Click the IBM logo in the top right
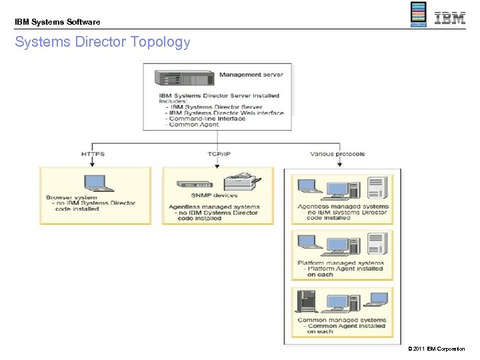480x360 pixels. pos(450,18)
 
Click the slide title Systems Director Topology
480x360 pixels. pos(103,43)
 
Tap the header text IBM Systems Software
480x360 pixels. pos(57,22)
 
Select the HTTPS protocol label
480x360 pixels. pos(93,154)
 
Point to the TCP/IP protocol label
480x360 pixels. pos(219,154)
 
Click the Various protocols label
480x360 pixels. pos(337,154)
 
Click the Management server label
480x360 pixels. pos(251,75)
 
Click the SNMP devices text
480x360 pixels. pos(214,195)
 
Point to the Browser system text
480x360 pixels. pos(71,197)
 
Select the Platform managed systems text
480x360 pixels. pos(341,263)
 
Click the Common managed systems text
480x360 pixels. pos(341,320)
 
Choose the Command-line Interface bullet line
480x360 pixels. pos(207,119)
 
